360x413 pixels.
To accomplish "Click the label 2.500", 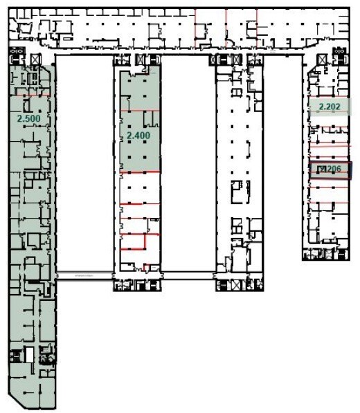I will [28, 118].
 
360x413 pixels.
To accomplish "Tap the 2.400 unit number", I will [138, 136].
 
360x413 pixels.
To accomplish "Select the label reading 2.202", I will [330, 107].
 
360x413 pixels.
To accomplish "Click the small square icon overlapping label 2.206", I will [321, 169].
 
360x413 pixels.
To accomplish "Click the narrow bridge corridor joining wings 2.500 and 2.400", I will [84, 275].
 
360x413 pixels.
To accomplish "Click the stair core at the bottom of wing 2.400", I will [137, 284].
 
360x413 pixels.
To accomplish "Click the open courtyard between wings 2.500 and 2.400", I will [84, 166].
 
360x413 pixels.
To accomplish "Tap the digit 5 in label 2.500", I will [27, 118].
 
